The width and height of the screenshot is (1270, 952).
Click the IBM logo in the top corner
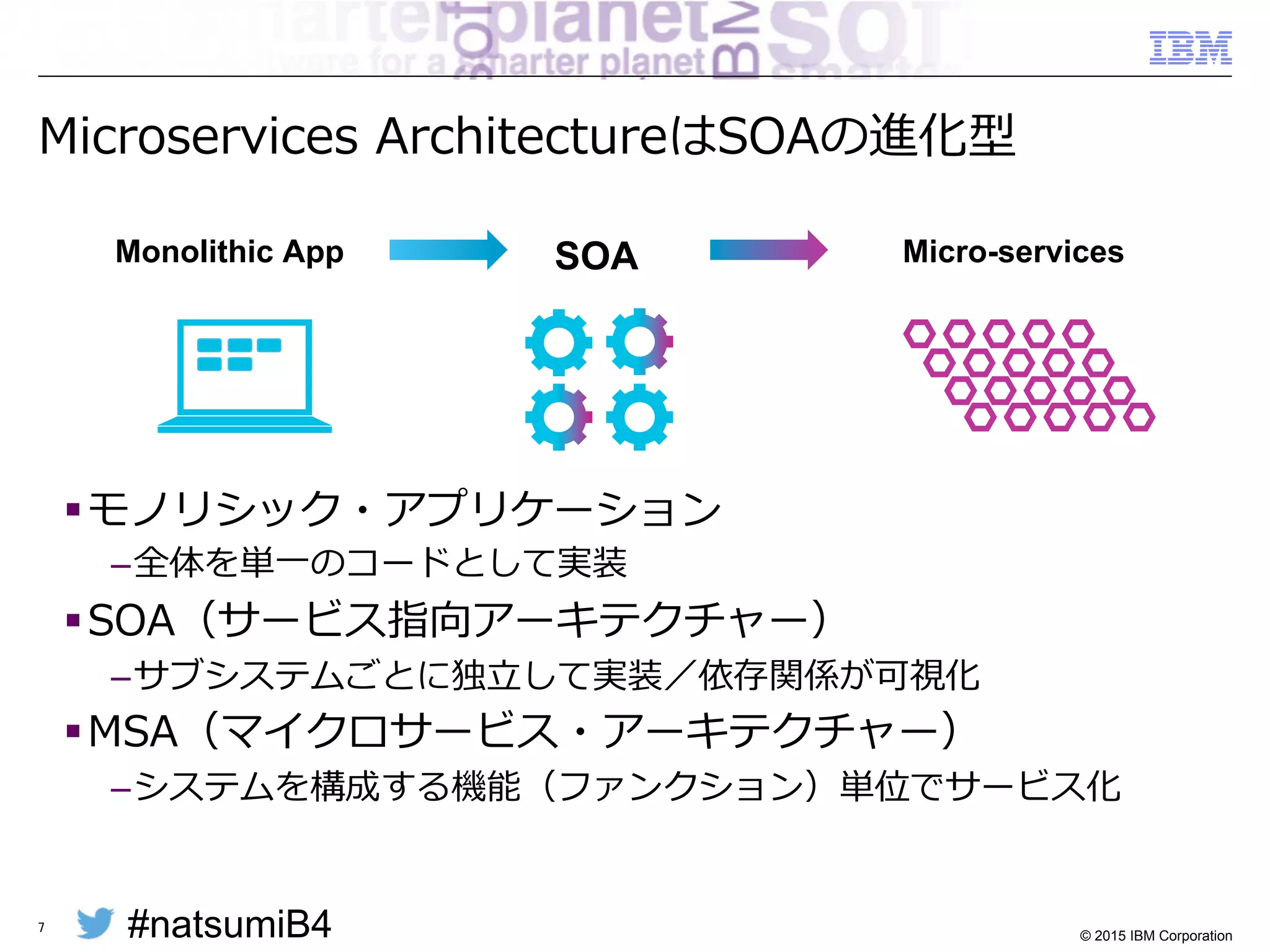click(1190, 48)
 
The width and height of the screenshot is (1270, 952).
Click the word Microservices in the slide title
click(198, 136)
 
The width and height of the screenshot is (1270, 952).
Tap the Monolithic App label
click(229, 252)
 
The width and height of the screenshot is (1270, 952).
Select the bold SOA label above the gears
click(596, 256)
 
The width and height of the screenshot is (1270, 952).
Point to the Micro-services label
click(1013, 252)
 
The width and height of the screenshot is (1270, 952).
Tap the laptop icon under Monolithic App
click(244, 376)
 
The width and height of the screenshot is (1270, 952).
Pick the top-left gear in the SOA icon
click(558, 342)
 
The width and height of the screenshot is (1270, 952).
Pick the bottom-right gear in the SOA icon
click(639, 417)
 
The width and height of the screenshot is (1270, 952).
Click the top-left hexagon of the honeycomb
click(919, 333)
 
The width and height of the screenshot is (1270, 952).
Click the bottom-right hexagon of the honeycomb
click(1139, 417)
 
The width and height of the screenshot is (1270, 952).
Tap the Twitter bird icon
click(95, 923)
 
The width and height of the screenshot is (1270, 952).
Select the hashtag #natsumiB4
click(229, 924)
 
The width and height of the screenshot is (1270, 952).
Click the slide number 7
click(42, 927)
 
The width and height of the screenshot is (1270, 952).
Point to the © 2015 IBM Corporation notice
click(1155, 935)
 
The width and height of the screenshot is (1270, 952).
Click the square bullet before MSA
click(73, 731)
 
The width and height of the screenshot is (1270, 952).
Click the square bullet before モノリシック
click(73, 509)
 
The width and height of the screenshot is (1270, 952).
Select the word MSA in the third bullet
click(133, 731)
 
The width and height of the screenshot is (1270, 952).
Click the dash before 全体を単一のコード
click(120, 566)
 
